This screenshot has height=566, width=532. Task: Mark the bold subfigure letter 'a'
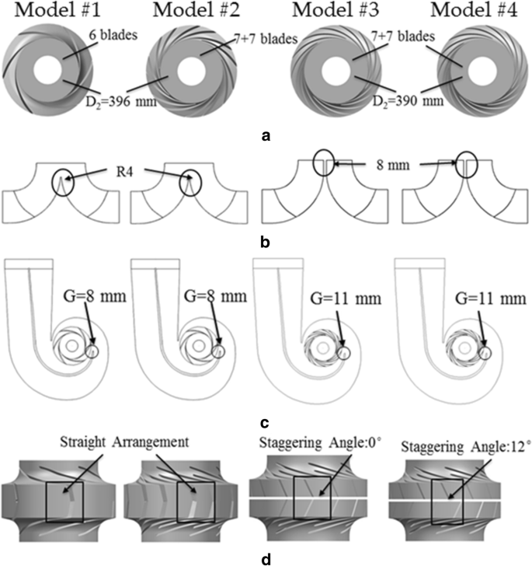pyautogui.click(x=266, y=135)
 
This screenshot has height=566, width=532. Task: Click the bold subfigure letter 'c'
pyautogui.click(x=266, y=424)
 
